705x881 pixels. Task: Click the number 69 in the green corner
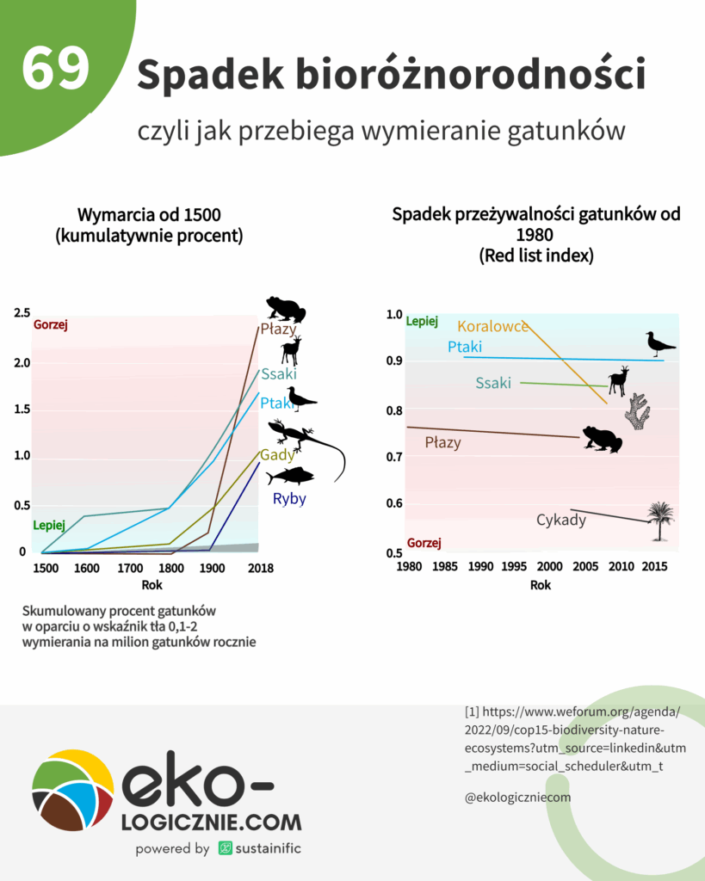tap(56, 69)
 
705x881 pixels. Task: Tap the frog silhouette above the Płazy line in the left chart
tap(285, 309)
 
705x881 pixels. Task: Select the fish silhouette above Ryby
tap(289, 477)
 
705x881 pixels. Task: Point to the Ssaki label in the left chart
tap(279, 374)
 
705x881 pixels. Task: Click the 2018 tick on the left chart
tap(259, 569)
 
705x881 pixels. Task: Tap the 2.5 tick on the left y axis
tap(22, 313)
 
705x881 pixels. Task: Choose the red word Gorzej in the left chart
tap(50, 325)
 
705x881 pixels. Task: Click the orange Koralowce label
tap(492, 326)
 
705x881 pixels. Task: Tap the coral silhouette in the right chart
tap(637, 411)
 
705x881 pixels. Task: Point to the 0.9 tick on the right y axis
tap(394, 361)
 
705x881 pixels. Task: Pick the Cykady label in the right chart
tap(560, 520)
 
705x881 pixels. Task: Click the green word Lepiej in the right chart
tap(422, 322)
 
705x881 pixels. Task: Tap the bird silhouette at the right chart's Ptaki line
tap(660, 344)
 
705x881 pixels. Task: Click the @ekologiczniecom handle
tap(517, 798)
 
